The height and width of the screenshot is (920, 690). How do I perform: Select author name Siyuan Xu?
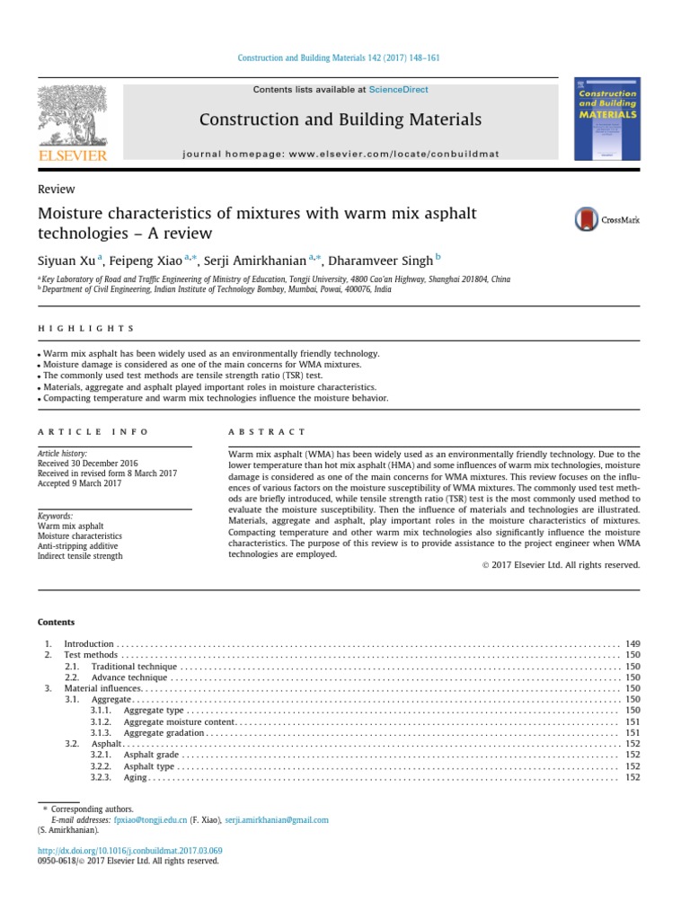(66, 261)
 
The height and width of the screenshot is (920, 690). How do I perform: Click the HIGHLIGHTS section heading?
(86, 329)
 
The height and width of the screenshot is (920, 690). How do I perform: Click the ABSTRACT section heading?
(268, 432)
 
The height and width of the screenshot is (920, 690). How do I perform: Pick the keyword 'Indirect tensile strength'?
(80, 556)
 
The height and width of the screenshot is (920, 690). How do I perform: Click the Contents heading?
(56, 622)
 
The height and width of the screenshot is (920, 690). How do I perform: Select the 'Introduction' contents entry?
(89, 644)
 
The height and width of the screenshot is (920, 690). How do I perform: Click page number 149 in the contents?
(632, 644)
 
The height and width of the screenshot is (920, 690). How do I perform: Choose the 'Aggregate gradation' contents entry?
(164, 733)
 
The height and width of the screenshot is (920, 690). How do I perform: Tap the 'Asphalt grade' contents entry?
(152, 756)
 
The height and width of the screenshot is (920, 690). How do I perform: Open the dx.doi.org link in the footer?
(129, 850)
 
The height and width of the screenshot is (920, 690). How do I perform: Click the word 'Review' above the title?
(56, 189)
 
